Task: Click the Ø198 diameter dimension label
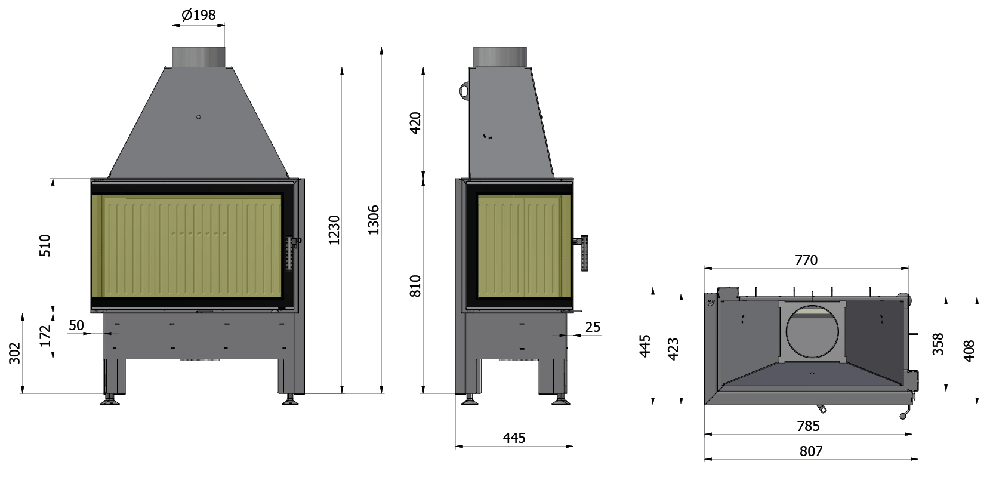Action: pos(199,14)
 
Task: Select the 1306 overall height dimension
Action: pos(374,220)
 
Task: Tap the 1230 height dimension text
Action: pos(334,230)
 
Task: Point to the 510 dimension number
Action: pos(45,246)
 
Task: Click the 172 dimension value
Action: pos(45,336)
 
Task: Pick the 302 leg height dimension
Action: pos(14,353)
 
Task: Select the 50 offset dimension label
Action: pos(76,325)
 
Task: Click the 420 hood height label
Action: pos(415,123)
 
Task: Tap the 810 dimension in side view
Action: pos(415,285)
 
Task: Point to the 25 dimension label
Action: pos(593,327)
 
